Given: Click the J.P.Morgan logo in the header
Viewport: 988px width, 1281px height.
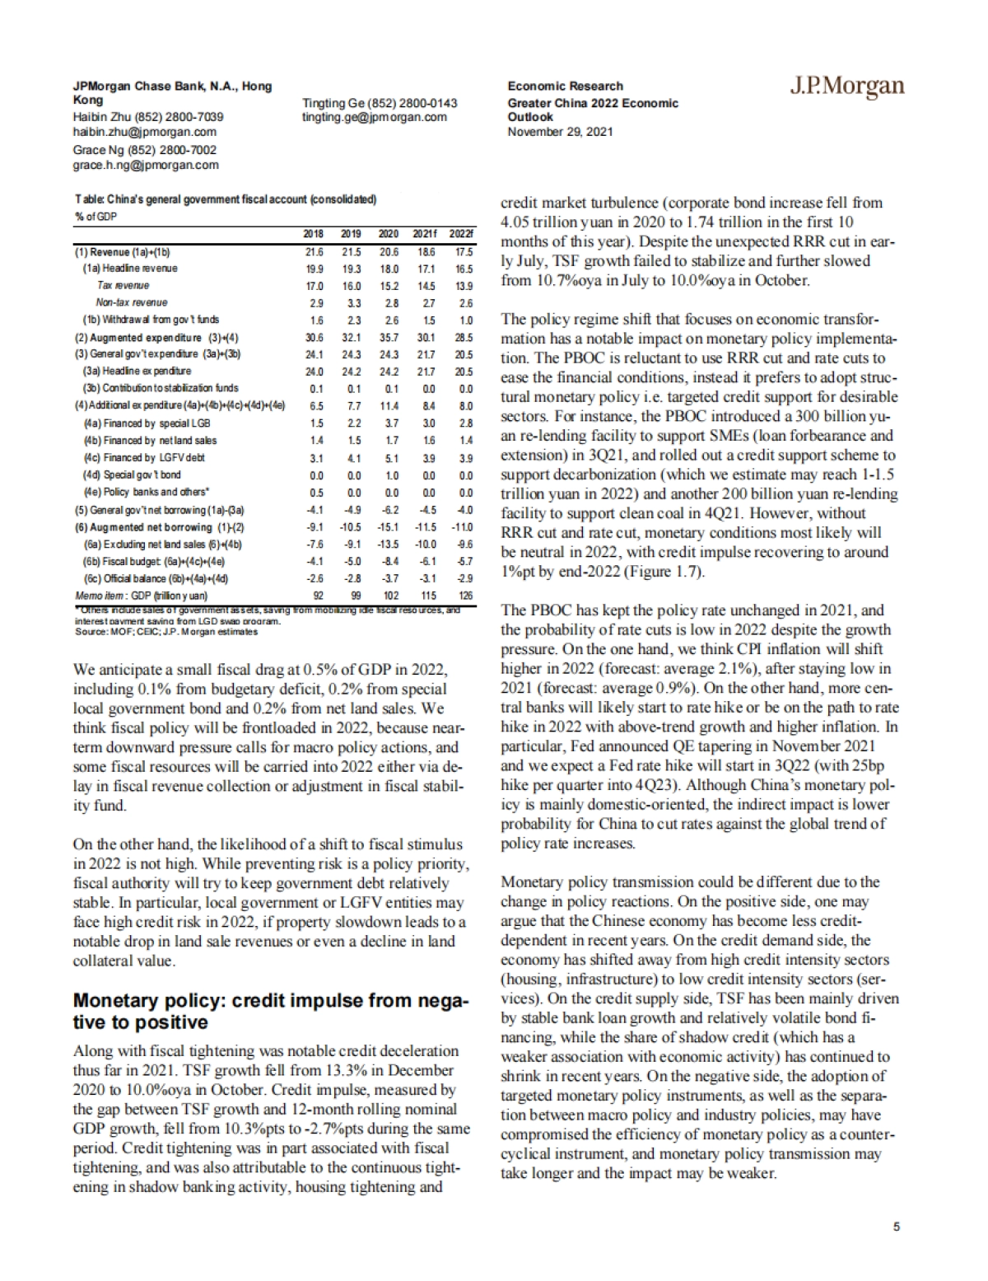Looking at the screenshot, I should (847, 86).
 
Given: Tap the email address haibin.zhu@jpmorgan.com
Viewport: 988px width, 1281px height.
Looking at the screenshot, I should (145, 131).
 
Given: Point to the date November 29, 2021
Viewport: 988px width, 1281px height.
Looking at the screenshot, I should (560, 131).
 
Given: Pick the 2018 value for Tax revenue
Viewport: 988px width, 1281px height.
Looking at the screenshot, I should (315, 286).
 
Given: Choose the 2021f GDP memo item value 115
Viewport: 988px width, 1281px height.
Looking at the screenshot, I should (426, 595).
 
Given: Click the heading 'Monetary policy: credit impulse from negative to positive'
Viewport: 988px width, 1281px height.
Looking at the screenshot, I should (271, 1012).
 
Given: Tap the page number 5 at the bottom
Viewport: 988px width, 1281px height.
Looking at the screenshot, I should (897, 1226).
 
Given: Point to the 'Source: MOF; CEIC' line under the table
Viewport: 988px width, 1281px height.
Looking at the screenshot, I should (165, 632).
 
